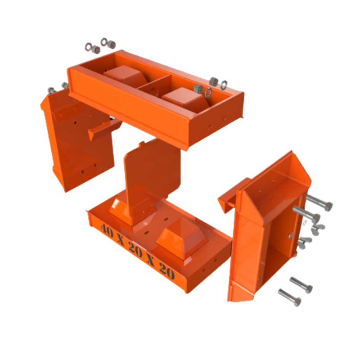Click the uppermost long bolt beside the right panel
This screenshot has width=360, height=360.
tap(319, 203)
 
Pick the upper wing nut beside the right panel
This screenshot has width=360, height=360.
tap(319, 228)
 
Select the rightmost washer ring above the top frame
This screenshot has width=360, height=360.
tap(224, 84)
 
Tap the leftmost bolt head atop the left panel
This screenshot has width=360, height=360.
tap(51, 90)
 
